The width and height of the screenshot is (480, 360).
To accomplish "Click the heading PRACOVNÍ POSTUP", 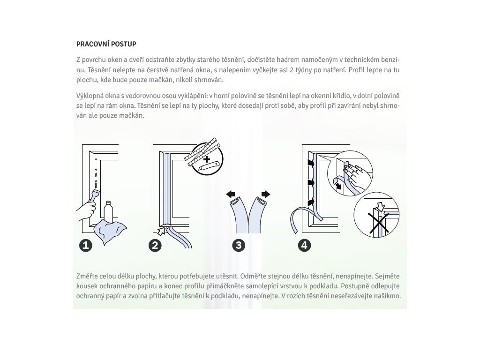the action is [106, 44].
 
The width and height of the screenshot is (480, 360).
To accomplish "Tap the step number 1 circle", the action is [86, 246].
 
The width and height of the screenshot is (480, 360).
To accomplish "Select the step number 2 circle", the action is [155, 246].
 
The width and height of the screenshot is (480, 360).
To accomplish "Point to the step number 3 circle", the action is [239, 246].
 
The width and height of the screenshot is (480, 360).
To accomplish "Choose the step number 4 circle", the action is [304, 246].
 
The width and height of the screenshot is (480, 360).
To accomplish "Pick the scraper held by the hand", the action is [94, 196].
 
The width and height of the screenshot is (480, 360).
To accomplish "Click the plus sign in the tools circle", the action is [207, 159].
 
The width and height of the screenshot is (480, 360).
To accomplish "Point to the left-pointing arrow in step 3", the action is [231, 194].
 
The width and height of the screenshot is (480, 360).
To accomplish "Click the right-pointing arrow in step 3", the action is [266, 194].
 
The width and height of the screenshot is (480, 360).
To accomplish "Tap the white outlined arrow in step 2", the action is [161, 231].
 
